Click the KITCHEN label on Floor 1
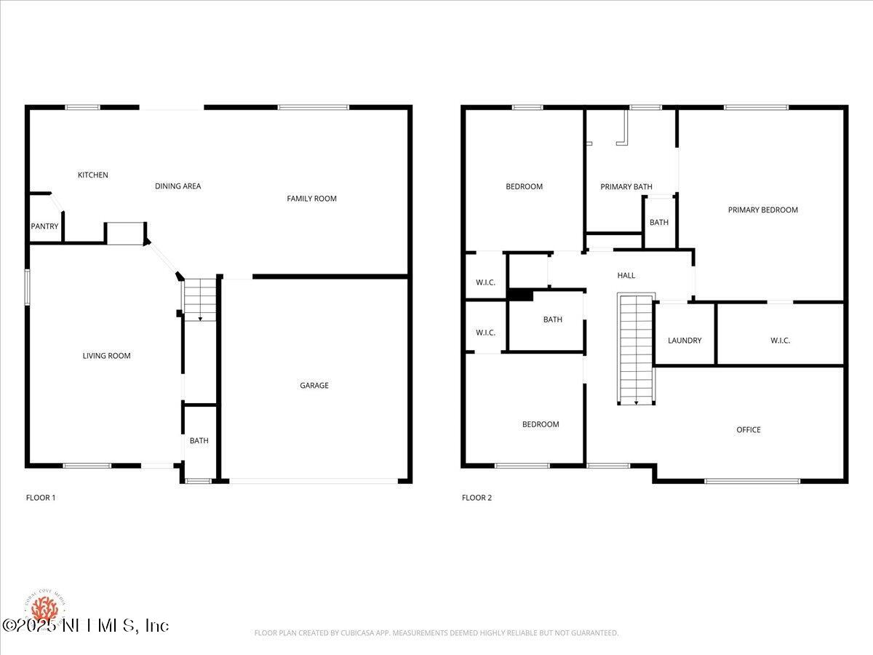tap(93, 175)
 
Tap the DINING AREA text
tap(178, 186)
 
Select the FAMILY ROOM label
tap(311, 199)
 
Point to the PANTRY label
tap(44, 226)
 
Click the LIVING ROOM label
tap(106, 356)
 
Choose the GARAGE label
tap(314, 386)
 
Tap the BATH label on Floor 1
tap(199, 441)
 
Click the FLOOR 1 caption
tap(41, 498)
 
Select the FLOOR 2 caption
tap(477, 498)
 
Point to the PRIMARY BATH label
tap(626, 187)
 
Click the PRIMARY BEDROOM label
tap(762, 210)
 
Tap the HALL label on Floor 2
tap(626, 275)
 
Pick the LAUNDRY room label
tap(685, 341)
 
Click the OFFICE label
tap(748, 430)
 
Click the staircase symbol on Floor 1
tap(200, 299)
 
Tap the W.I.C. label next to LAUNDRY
tap(780, 341)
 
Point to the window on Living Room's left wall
tap(27, 287)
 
